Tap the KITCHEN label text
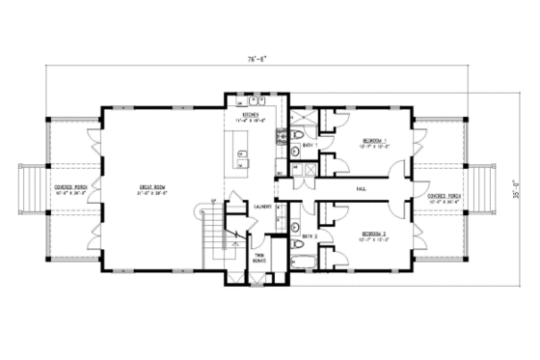click(252, 114)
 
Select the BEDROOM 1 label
click(374, 141)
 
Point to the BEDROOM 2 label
click(374, 235)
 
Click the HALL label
click(361, 188)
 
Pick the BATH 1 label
click(308, 146)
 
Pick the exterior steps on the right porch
click(482, 188)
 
